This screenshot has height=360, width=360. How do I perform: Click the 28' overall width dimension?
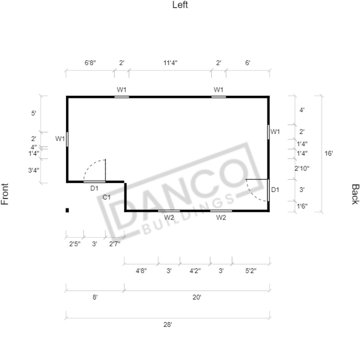click(168, 324)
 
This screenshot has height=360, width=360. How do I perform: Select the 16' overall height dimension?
click(328, 153)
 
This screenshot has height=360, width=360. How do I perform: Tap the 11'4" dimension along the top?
click(170, 63)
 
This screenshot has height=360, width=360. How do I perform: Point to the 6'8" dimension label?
click(90, 63)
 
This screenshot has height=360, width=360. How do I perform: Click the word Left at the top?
click(180, 5)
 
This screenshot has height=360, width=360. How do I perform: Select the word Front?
click(5, 194)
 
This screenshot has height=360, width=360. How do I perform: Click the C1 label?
click(107, 197)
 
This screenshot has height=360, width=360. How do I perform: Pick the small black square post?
click(67, 210)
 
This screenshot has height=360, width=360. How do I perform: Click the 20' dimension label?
click(197, 297)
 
